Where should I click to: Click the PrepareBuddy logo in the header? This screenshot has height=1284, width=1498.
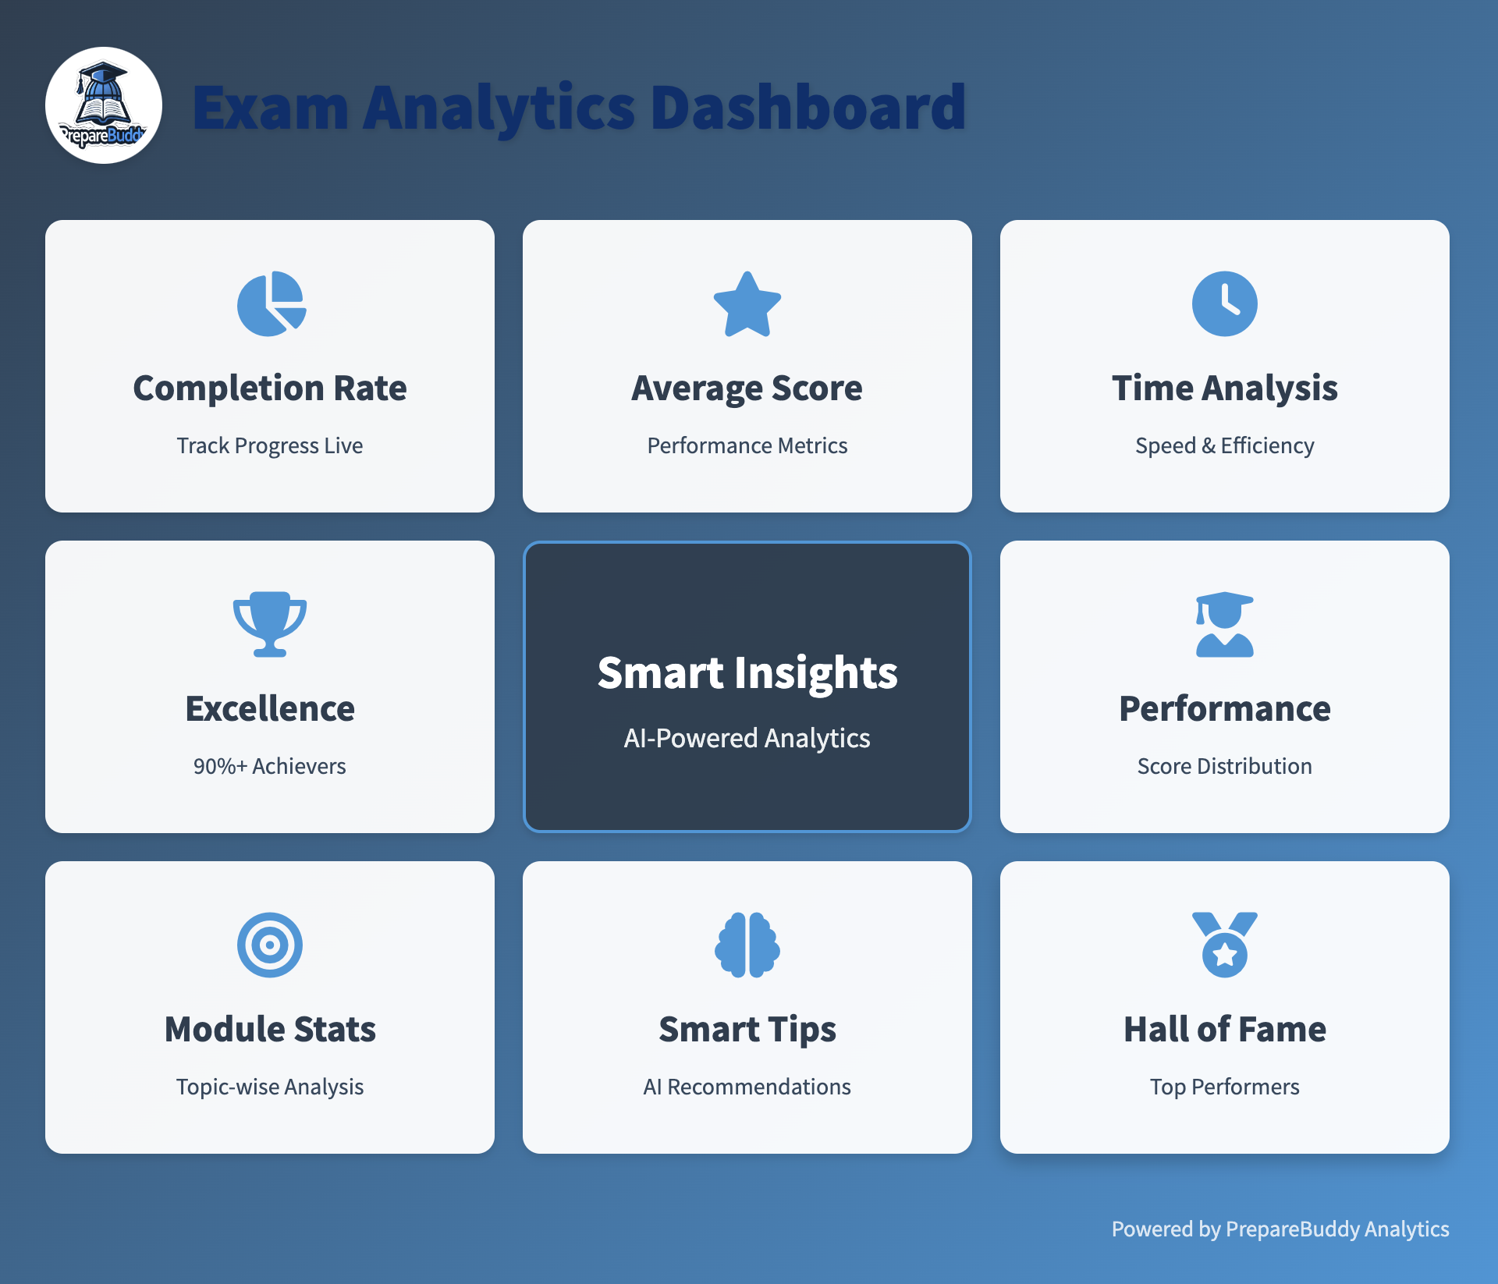tap(104, 105)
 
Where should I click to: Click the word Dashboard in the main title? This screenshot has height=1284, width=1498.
tap(808, 107)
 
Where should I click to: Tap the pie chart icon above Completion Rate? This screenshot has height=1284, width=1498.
tap(271, 303)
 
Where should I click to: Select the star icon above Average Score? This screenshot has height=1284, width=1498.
tap(747, 303)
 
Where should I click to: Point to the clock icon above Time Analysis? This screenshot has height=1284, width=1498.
tap(1225, 303)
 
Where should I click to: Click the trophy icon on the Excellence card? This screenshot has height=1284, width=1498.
tap(270, 624)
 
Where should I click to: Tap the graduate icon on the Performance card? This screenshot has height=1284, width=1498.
tap(1225, 624)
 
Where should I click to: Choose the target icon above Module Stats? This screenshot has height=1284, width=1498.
tap(270, 945)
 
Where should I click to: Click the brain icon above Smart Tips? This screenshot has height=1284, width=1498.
tap(747, 945)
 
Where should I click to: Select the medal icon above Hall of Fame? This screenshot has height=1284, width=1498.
tap(1225, 945)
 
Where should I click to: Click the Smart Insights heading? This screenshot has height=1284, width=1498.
tap(747, 673)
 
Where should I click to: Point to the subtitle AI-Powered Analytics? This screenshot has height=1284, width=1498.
tap(747, 738)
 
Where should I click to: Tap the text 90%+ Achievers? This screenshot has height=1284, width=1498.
tap(270, 766)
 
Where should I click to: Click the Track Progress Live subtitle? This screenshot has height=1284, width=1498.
tap(270, 445)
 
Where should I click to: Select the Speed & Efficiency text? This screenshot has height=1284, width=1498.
tap(1225, 445)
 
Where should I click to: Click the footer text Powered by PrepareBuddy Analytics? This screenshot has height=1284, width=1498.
tap(1280, 1229)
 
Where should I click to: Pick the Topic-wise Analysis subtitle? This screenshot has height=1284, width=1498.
tap(270, 1087)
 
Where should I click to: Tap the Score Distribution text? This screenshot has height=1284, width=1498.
tap(1225, 766)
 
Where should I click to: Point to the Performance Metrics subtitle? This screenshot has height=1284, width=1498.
tap(747, 445)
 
